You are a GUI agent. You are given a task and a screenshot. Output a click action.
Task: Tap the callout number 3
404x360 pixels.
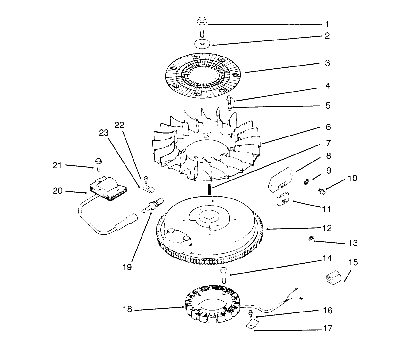tap(327, 63)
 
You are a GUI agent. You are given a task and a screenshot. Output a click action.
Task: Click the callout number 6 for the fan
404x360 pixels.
tap(328, 127)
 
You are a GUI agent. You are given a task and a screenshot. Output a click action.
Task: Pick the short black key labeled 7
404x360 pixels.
tap(210, 189)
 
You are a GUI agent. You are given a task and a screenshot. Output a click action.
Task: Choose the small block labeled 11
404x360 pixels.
tap(284, 202)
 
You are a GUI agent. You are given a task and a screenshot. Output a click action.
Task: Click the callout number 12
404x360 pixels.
tap(327, 228)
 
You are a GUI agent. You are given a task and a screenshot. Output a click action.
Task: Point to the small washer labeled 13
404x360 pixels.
tap(311, 239)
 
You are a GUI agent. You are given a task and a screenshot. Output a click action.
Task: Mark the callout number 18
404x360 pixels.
tap(127, 310)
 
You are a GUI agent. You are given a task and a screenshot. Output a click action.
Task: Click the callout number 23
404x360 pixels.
tap(104, 133)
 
